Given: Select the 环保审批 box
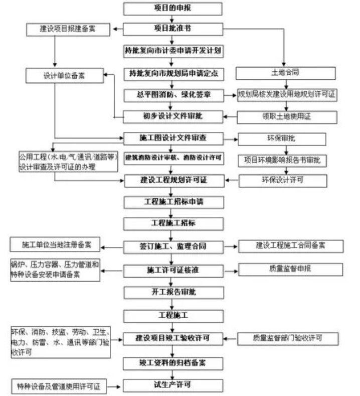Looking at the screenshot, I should click(282, 139).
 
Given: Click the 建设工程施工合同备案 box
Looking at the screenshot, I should click(290, 246).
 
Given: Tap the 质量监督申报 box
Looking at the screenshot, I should click(290, 270).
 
